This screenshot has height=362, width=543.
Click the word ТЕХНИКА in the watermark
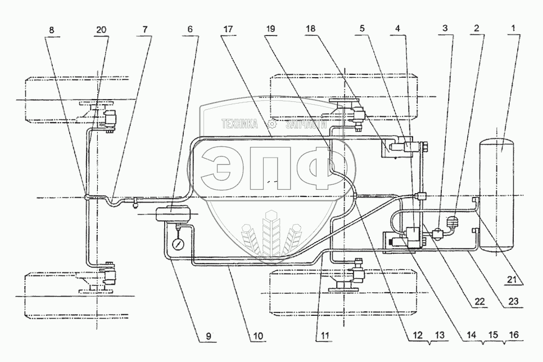coord(239,125)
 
